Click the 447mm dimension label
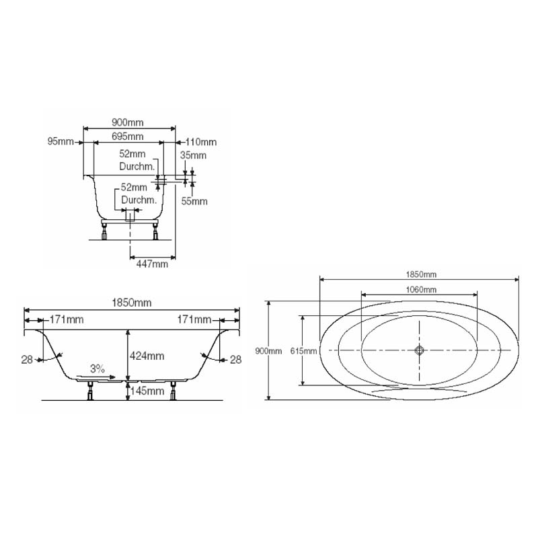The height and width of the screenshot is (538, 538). (x=152, y=264)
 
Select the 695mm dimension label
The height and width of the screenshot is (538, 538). (x=127, y=137)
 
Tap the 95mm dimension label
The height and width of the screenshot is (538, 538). (x=61, y=141)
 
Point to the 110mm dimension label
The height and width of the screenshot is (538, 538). (x=201, y=142)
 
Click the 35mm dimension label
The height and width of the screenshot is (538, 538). (x=193, y=155)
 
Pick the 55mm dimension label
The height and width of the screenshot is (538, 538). (x=194, y=201)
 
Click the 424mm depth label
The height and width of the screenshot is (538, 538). (x=147, y=356)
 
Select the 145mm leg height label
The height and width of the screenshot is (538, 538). (x=147, y=391)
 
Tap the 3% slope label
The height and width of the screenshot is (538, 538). (x=98, y=369)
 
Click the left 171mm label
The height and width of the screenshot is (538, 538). (x=67, y=319)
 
